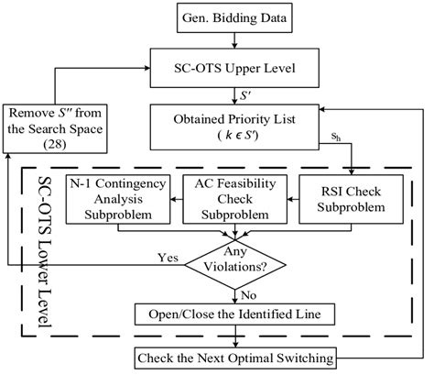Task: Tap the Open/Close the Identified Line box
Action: [240, 314]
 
